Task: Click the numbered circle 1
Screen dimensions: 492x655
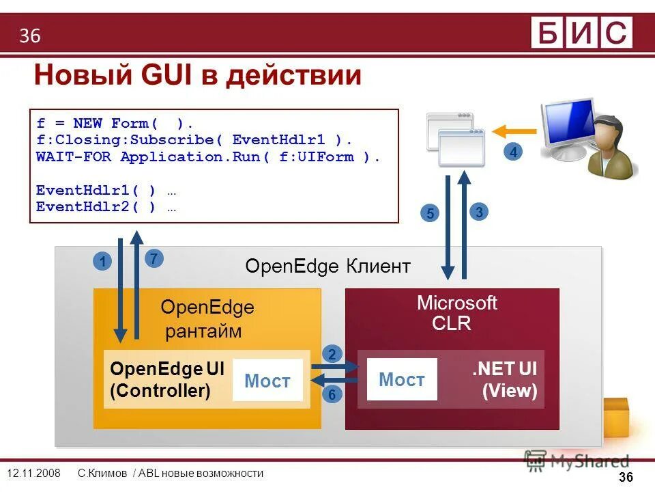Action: (x=102, y=262)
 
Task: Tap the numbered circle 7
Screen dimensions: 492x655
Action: (x=154, y=259)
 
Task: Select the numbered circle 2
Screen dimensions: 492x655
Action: (x=332, y=354)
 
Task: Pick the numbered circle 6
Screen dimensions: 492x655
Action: (x=332, y=394)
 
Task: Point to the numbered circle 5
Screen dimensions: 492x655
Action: (x=430, y=214)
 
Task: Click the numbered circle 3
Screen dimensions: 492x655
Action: (x=480, y=212)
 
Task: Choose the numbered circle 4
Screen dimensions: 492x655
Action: (x=513, y=152)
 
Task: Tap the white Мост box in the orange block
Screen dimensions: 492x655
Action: (x=267, y=381)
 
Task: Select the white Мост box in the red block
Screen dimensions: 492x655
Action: (x=401, y=379)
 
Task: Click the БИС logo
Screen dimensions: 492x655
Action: (x=581, y=33)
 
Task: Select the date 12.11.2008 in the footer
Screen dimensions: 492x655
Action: (x=33, y=474)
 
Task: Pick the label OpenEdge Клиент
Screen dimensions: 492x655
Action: (x=327, y=266)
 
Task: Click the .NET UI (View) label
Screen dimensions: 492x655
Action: (x=504, y=380)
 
